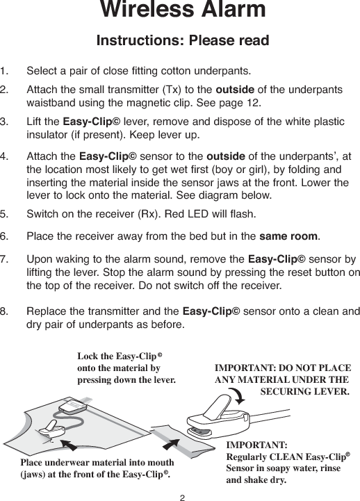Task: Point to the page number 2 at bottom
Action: coord(181,495)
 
